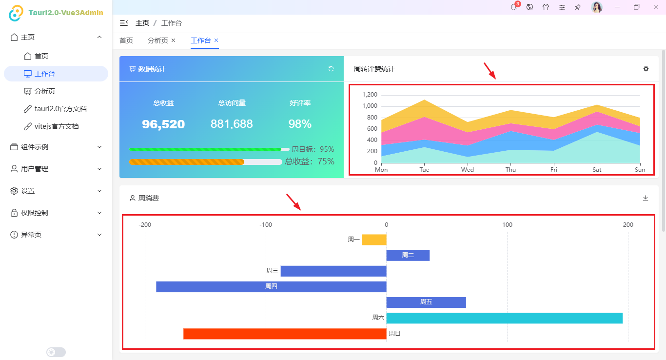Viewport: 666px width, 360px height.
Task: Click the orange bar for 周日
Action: [x=285, y=334]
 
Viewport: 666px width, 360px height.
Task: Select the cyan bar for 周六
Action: [x=504, y=318]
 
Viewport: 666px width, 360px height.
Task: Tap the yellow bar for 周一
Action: [x=374, y=240]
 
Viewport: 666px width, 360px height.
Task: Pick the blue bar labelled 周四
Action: [x=271, y=287]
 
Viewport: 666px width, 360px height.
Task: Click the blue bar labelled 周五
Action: [x=426, y=302]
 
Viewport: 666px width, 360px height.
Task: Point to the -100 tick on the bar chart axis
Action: [x=266, y=225]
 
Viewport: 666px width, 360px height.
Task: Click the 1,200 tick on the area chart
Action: [x=370, y=95]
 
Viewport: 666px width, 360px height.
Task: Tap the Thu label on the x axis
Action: [x=510, y=170]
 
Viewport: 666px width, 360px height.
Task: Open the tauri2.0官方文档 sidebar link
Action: [x=64, y=109]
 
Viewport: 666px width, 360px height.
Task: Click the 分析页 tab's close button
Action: [x=173, y=40]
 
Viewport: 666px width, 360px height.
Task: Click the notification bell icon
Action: [x=513, y=7]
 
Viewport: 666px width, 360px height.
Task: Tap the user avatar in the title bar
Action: [x=597, y=7]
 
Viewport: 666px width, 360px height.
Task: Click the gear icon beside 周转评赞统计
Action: [x=646, y=69]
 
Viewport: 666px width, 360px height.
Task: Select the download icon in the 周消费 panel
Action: [x=646, y=198]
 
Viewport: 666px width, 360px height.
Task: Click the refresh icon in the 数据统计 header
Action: [x=331, y=69]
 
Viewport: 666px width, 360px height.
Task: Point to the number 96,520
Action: [x=163, y=124]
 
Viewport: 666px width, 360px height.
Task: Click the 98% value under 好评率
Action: [x=300, y=124]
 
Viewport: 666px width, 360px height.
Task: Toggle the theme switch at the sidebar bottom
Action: [x=56, y=352]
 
